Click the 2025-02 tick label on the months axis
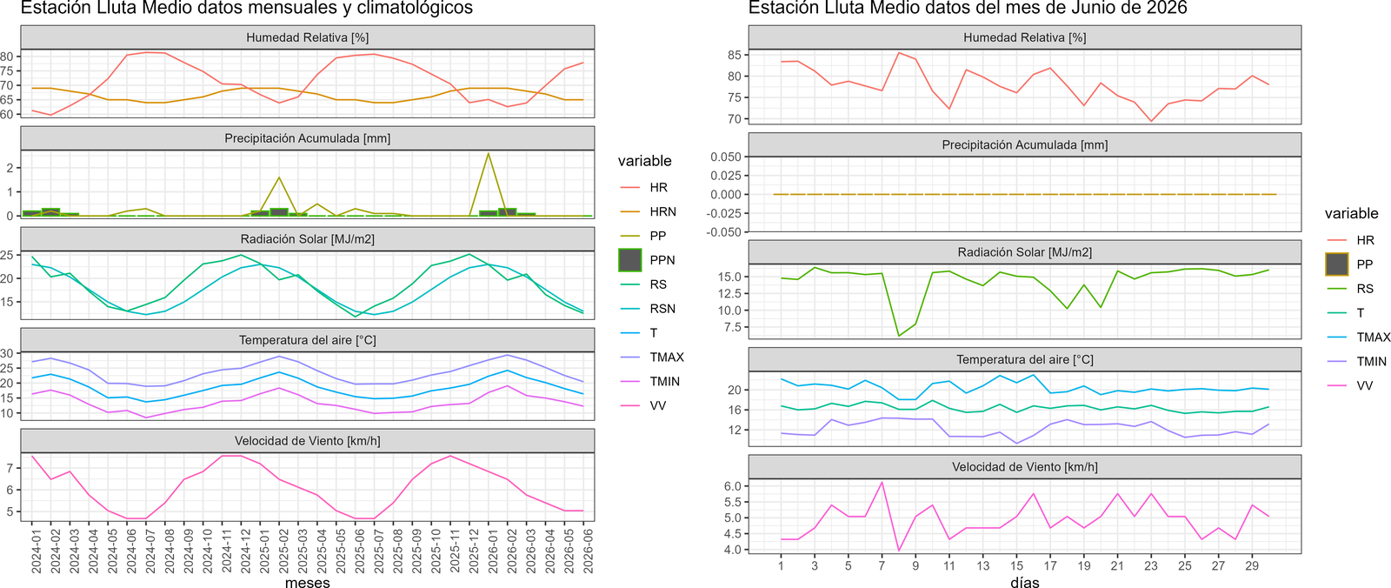(279, 549)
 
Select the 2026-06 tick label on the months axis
(583, 549)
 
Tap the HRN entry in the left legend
(662, 212)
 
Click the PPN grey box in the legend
(629, 260)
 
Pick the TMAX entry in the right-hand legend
(1373, 337)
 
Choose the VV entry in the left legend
(657, 406)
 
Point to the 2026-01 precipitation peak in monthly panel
(489, 154)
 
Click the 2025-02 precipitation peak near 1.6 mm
(279, 177)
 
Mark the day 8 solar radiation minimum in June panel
(899, 336)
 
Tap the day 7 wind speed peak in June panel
(882, 483)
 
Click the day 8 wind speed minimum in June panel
(899, 550)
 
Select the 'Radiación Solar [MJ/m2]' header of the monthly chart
(308, 239)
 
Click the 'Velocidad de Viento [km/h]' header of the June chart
(1025, 467)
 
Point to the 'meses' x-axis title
(308, 583)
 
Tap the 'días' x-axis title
(1025, 583)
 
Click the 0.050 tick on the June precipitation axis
(726, 157)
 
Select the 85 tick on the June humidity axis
(735, 56)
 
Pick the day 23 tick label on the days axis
(1151, 566)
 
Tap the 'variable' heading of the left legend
(644, 161)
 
